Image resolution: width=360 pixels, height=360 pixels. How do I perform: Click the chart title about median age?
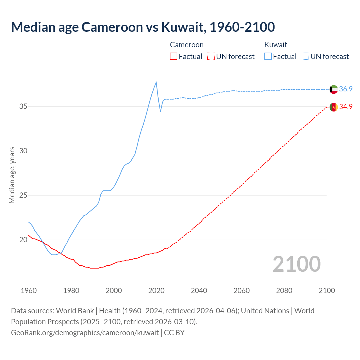(143, 27)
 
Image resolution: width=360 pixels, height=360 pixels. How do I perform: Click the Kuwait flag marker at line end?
(334, 89)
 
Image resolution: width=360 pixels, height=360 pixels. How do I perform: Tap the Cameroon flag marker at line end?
(334, 107)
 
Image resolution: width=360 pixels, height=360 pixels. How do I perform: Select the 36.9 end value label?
(346, 89)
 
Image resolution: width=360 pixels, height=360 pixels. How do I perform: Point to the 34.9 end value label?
(346, 107)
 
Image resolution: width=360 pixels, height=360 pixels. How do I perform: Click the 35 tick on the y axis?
(23, 107)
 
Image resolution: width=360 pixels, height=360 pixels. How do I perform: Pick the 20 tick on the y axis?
(23, 240)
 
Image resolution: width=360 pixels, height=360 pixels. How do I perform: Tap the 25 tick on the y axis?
(23, 195)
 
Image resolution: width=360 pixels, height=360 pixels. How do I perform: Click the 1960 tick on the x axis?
(29, 291)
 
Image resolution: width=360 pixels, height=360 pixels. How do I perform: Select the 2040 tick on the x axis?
(199, 291)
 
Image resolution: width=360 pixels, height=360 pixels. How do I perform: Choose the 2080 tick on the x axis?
(284, 291)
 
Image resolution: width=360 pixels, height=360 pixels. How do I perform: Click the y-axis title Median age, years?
(12, 175)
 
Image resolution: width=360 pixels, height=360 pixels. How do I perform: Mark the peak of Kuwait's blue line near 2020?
(156, 82)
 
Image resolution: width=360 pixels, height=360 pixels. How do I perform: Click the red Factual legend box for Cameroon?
(174, 57)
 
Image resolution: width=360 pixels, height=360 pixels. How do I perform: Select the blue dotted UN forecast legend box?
(305, 57)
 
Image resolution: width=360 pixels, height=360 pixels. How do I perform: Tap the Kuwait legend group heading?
(276, 45)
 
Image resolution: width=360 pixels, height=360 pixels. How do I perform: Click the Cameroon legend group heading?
(187, 45)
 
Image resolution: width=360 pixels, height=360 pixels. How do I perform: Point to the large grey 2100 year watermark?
(296, 264)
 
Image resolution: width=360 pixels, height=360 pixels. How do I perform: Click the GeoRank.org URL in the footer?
(85, 333)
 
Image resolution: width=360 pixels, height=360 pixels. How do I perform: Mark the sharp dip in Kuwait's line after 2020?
(161, 111)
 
